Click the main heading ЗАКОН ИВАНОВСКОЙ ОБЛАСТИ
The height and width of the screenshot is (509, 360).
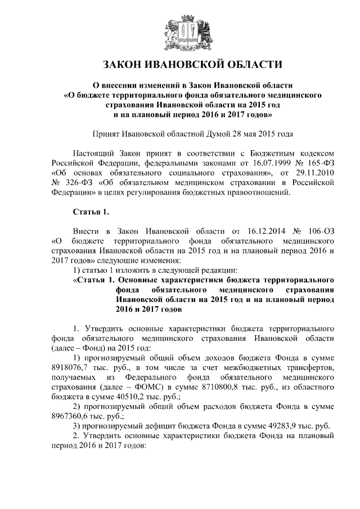pyautogui.click(x=179, y=64)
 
